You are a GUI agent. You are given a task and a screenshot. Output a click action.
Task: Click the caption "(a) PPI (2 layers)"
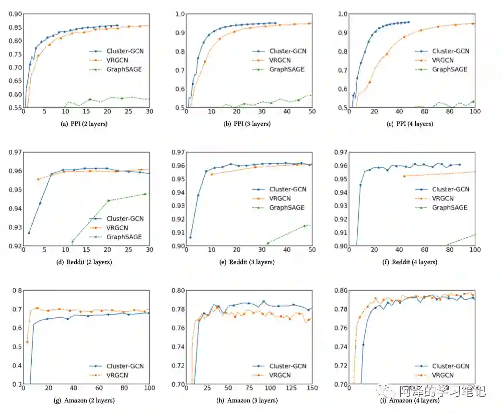pos(85,124)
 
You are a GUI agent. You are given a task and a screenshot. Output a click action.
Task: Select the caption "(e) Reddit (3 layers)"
pos(248,262)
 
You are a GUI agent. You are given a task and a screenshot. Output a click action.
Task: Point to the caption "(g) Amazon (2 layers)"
pos(85,400)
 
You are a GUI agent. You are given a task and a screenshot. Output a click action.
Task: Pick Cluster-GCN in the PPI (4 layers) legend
pos(450,51)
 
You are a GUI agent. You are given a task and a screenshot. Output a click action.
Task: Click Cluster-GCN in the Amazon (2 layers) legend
pos(125,366)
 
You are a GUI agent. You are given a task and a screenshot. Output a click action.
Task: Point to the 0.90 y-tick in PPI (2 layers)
pos(15,14)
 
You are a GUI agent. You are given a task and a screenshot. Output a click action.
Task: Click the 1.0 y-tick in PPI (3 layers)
pos(180,14)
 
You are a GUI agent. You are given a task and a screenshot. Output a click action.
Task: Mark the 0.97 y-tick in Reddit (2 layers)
pos(15,152)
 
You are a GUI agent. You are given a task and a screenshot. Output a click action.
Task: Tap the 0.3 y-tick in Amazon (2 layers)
pos(17,384)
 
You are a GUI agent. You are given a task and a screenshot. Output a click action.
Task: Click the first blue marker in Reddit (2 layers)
pos(29,233)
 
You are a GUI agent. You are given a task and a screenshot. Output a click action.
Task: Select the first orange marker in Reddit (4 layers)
pos(404,176)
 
